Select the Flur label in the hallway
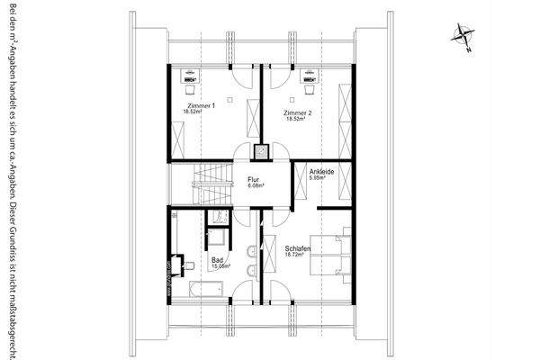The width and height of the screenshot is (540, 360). (255, 180)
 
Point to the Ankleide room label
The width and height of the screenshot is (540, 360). (322, 171)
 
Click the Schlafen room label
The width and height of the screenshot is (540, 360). (298, 247)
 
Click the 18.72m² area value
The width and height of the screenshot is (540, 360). (296, 255)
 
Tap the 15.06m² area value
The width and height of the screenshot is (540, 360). (220, 266)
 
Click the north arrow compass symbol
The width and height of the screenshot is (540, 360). (463, 34)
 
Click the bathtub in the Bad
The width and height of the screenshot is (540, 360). (207, 289)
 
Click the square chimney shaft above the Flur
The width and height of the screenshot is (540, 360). (262, 151)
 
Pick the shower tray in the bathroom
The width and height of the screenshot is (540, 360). (216, 238)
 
